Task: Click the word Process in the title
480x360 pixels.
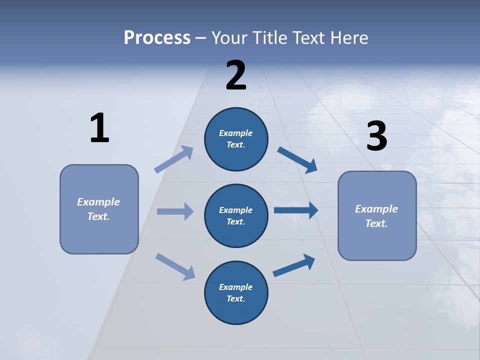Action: (x=157, y=38)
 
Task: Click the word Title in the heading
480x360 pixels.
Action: (x=271, y=38)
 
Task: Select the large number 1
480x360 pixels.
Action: (x=99, y=128)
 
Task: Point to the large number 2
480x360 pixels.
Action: (x=236, y=75)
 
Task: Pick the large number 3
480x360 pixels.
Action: (x=376, y=136)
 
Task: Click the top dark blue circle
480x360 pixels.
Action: (x=236, y=139)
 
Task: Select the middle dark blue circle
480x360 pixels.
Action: (x=236, y=216)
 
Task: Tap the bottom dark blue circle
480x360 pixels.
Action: (x=236, y=293)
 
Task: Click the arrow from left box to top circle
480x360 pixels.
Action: (x=174, y=159)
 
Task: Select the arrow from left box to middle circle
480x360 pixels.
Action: (x=175, y=211)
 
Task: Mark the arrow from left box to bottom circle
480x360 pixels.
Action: (x=175, y=266)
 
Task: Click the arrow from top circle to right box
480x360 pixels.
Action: (x=297, y=159)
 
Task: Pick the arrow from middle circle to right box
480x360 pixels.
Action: (x=296, y=210)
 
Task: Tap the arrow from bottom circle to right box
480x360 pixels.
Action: (x=294, y=265)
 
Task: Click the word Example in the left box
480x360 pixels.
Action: (x=98, y=202)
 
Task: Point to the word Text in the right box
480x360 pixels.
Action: (x=376, y=223)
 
